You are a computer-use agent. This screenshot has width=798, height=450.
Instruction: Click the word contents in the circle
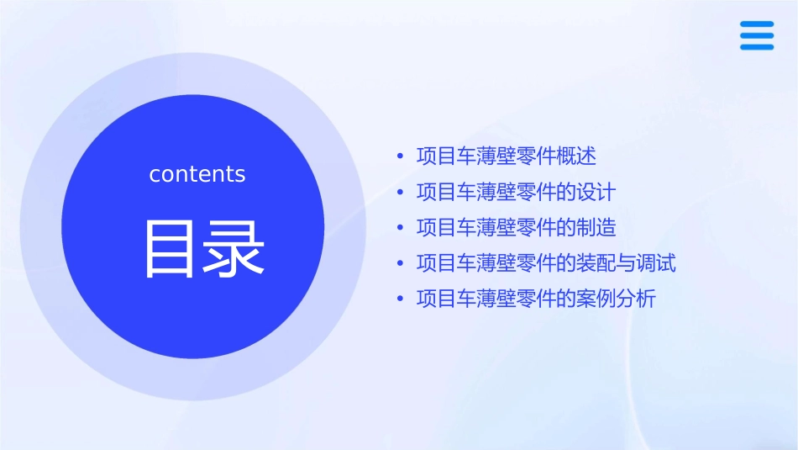coord(197,174)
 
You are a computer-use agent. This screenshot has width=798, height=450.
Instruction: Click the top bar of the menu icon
coord(757,24)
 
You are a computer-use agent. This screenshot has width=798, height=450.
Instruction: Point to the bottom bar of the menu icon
coord(757,46)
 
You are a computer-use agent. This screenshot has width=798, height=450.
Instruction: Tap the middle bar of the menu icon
coord(757,35)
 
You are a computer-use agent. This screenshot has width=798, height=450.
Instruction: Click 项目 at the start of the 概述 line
coord(436,156)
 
